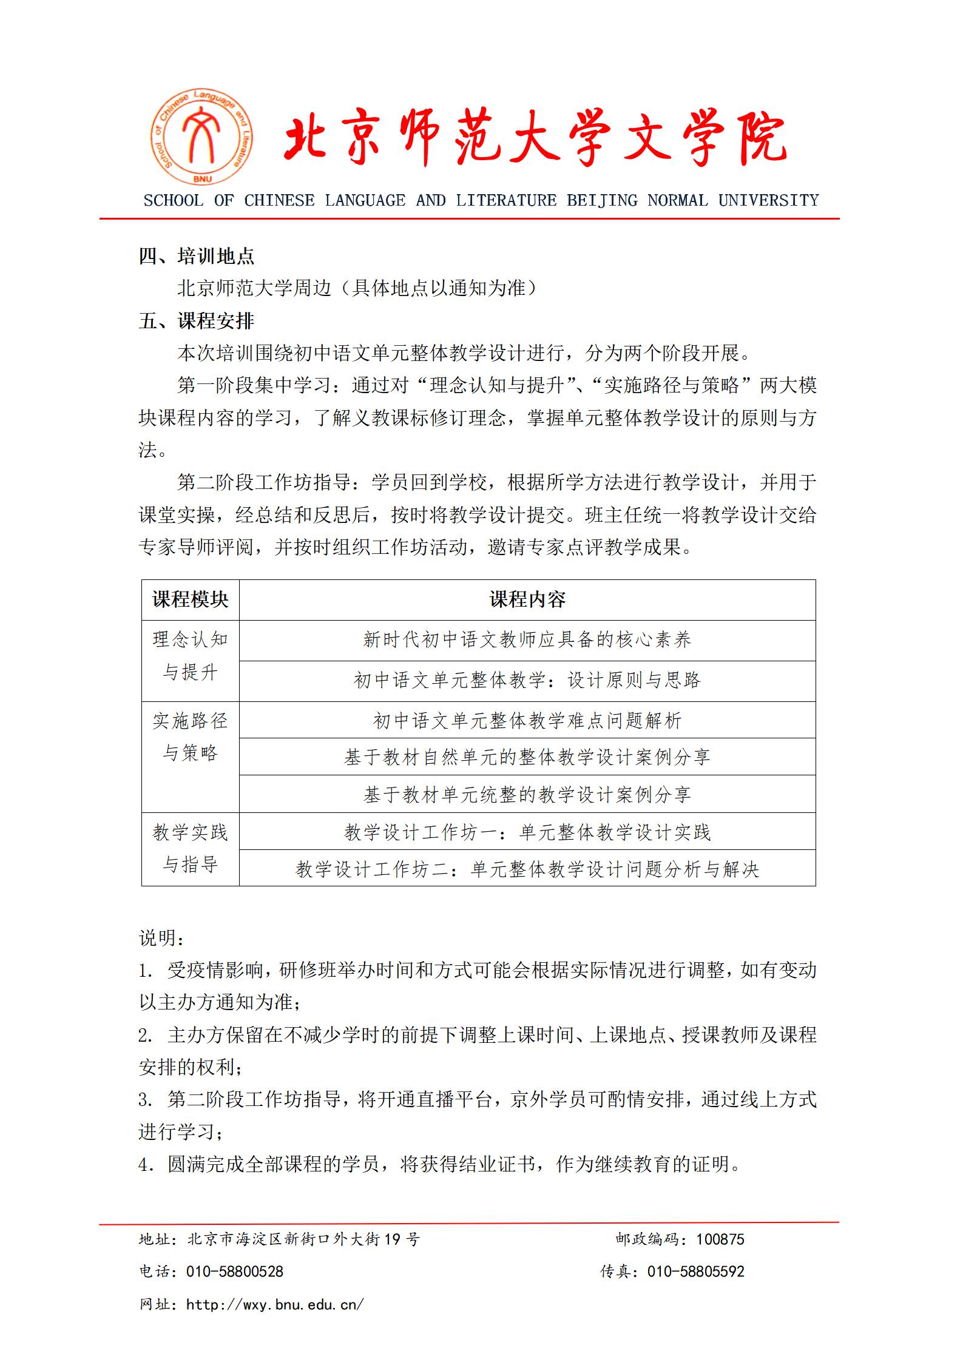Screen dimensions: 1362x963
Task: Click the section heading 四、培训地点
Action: [197, 257]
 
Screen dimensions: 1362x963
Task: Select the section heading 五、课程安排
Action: [197, 321]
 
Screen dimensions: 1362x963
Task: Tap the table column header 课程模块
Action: [190, 600]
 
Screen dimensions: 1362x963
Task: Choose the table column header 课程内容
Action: [527, 600]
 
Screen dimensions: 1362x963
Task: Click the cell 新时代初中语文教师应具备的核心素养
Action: [527, 640]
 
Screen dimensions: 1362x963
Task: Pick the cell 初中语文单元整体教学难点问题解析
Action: [527, 721]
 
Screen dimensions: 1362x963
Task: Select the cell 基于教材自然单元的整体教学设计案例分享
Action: [527, 757]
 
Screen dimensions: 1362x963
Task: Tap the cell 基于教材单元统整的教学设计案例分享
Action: [527, 795]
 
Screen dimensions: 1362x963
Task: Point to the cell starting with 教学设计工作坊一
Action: [527, 832]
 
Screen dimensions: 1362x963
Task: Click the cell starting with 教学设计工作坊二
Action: [527, 869]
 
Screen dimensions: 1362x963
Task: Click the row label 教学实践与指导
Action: [190, 849]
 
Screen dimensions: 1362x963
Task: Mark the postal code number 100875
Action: [720, 1239]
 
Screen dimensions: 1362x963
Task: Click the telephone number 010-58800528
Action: [235, 1271]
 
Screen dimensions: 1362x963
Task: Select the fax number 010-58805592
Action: [696, 1271]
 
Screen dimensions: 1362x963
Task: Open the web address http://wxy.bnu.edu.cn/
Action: [275, 1304]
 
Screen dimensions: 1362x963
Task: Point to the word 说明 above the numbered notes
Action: [158, 938]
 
